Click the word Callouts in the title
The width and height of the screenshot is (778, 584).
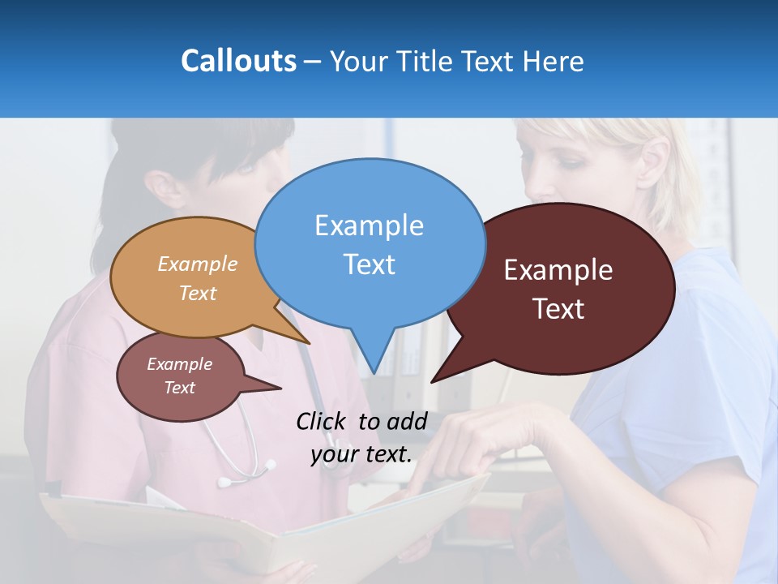tap(238, 61)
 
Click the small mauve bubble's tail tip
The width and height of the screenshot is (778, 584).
tap(280, 387)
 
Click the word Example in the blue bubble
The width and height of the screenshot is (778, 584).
tap(369, 225)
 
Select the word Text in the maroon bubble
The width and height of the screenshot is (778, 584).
tap(558, 309)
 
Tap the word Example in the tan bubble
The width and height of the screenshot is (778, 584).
tap(198, 264)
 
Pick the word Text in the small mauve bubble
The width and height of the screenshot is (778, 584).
tap(180, 388)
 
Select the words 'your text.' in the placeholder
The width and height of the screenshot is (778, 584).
tap(361, 454)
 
